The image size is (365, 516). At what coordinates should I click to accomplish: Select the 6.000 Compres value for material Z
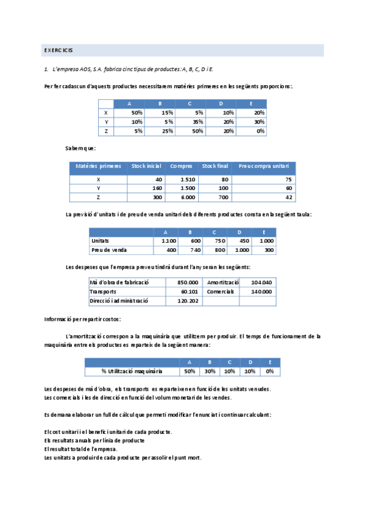(188, 197)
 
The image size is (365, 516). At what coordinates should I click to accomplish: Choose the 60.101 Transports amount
(190, 291)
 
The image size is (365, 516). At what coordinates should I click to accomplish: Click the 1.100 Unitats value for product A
(168, 241)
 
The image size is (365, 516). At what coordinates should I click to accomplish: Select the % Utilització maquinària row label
(132, 371)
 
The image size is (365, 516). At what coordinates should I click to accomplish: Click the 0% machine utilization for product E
(269, 371)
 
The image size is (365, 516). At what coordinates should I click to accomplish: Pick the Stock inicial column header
(146, 166)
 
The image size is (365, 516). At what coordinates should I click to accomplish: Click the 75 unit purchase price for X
(288, 180)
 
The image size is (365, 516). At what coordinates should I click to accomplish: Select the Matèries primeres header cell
(98, 166)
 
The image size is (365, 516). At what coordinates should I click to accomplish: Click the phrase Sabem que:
(80, 148)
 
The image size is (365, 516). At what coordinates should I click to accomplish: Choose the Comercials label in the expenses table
(220, 291)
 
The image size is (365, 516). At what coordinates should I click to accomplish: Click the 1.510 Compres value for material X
(188, 180)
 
